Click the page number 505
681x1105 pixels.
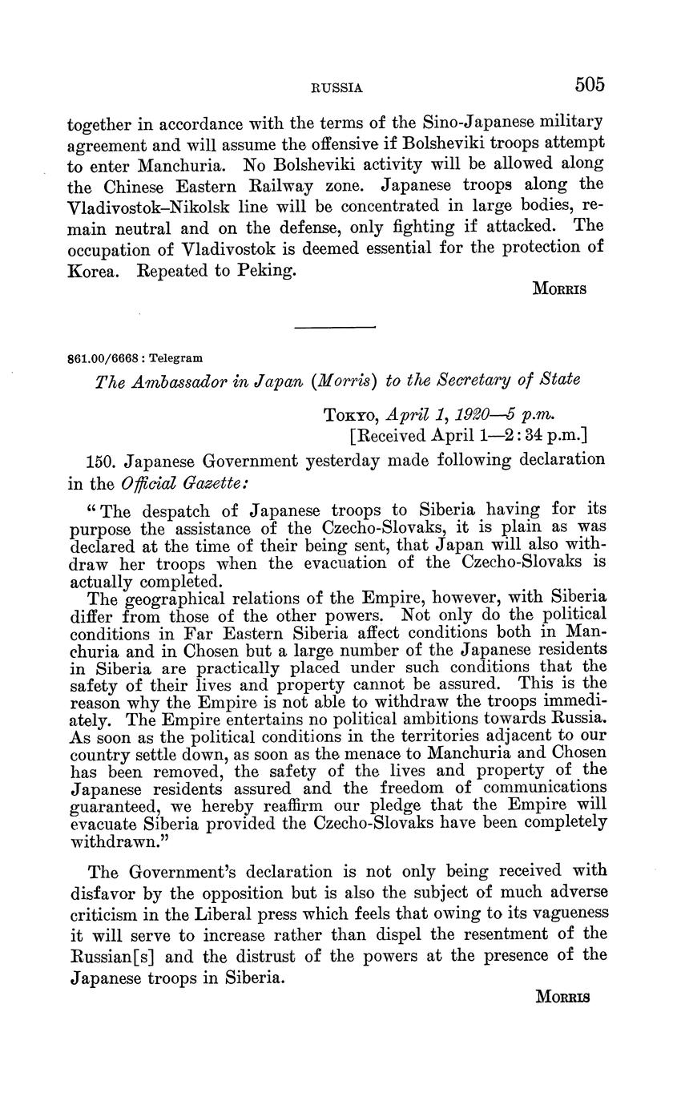tap(589, 84)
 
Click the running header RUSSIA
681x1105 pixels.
tap(336, 88)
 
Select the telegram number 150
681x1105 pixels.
tap(101, 460)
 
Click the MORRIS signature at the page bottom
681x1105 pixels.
tap(560, 998)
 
